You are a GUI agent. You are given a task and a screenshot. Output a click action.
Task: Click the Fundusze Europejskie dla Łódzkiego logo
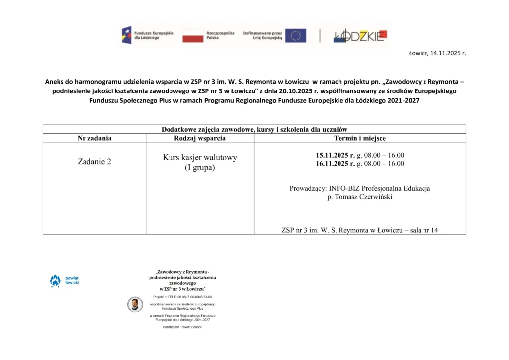148,35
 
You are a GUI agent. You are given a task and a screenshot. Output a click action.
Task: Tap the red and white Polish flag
193,35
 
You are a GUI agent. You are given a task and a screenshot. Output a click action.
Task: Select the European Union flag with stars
296,35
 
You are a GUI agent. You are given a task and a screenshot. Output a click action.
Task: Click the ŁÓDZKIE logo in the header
360,35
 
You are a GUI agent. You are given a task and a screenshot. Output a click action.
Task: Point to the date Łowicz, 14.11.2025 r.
437,53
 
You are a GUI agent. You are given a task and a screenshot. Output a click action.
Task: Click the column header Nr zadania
94,138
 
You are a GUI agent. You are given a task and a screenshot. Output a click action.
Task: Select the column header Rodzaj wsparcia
200,138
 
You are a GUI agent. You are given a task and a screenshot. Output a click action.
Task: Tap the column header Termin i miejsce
360,138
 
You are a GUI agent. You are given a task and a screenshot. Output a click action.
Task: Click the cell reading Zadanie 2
94,162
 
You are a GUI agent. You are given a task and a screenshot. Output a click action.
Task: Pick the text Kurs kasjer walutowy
200,158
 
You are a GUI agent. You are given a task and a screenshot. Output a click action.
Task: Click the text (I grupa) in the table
200,168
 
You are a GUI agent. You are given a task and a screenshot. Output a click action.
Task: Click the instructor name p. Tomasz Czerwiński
360,197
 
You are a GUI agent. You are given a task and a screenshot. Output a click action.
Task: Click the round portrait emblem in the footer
135,304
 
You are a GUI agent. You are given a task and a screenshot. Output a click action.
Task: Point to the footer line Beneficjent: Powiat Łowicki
182,327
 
